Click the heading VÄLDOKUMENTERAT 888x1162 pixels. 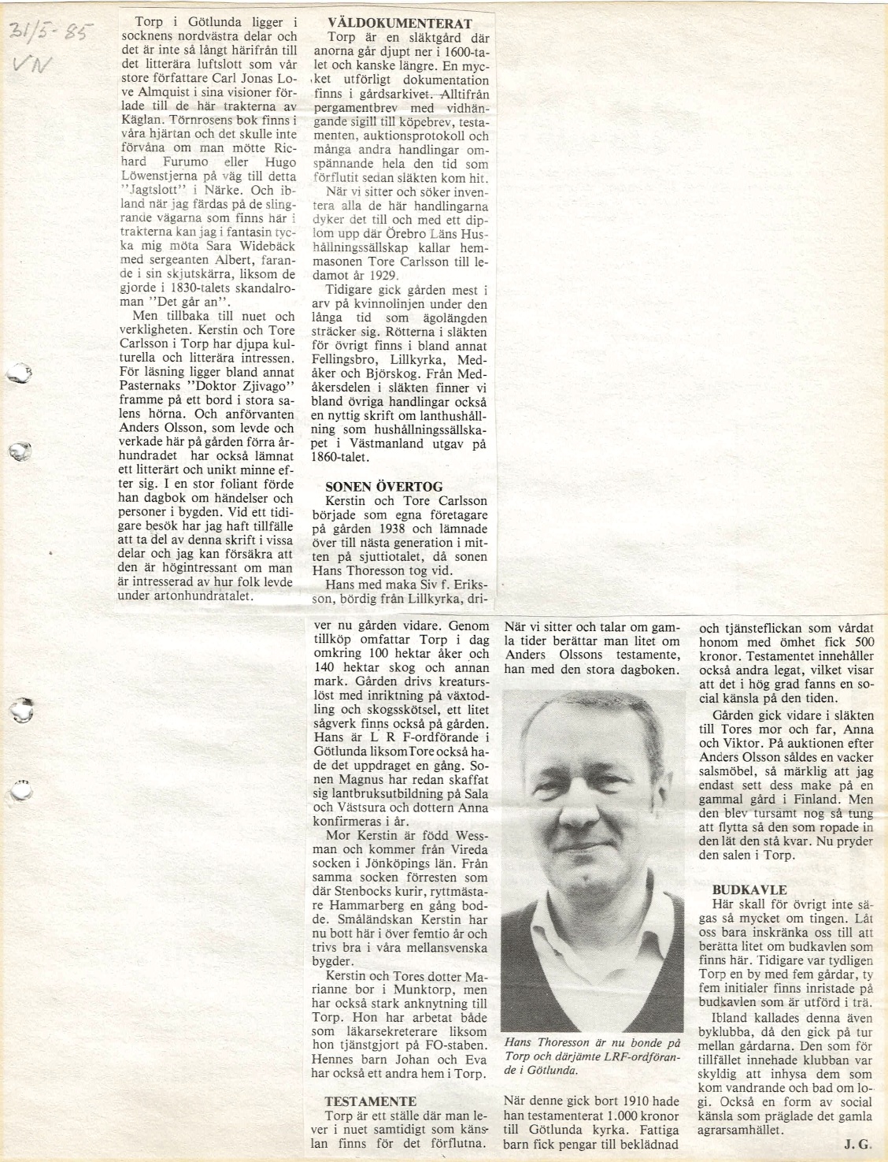[399, 24]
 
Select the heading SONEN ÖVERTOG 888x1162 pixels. [383, 486]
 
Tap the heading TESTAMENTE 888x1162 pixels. [371, 1101]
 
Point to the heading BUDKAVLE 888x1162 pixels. [738, 889]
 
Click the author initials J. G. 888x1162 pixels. [858, 1145]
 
